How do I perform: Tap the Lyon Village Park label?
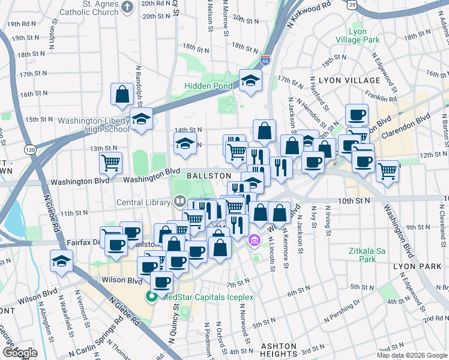tap(364, 35)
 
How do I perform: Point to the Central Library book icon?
tap(178, 202)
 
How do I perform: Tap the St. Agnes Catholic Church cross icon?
tap(127, 7)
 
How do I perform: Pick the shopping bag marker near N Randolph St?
tap(122, 94)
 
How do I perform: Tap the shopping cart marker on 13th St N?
tap(110, 162)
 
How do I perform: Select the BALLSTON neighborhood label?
tap(208, 175)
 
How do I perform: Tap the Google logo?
tap(20, 353)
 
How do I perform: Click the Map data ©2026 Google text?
tap(411, 355)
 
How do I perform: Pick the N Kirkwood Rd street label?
tap(309, 13)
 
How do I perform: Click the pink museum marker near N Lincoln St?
tap(255, 241)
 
